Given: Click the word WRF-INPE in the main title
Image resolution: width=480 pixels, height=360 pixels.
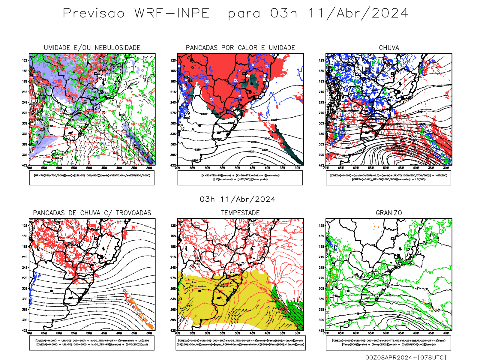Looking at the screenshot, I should coord(172,13).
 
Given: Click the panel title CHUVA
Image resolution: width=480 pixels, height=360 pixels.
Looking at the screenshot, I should coord(389,48).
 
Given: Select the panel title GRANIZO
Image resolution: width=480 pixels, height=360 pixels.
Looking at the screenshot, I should coord(389,213).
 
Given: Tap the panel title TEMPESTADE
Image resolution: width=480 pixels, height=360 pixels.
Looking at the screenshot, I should coord(240,213).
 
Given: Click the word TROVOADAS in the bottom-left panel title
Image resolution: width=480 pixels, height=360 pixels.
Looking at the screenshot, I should coord(133,213).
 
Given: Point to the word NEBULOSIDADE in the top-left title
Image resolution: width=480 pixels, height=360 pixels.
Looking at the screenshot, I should coord(118,48).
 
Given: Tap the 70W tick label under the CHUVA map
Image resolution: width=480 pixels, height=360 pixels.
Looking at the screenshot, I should coord(326,168).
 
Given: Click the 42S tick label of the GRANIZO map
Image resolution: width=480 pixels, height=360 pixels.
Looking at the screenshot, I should coord(321,331).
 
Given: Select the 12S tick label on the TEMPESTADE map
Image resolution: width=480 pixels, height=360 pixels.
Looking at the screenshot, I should coord(173,226).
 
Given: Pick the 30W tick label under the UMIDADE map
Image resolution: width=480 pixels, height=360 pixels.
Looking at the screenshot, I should coord(149,168).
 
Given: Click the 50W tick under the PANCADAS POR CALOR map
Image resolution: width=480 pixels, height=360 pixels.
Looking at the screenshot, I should coord(238,168).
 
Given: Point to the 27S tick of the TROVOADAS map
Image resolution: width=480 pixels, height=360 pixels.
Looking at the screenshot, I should coord(25,278).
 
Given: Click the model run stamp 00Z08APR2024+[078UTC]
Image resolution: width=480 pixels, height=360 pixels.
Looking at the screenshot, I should coord(406,357).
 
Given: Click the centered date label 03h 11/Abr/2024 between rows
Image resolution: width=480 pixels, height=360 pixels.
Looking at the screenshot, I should coord(238,199).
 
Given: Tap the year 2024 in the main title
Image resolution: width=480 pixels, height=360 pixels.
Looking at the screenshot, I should coord(390,13).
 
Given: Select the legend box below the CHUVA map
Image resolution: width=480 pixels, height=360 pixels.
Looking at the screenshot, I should coord(388,178).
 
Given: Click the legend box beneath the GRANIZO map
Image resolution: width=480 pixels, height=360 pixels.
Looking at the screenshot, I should coord(388,343).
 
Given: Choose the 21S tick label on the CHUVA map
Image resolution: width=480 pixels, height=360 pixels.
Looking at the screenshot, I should coord(322,92).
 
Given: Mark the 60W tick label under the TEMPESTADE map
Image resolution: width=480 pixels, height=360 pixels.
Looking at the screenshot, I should coord(208,333).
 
